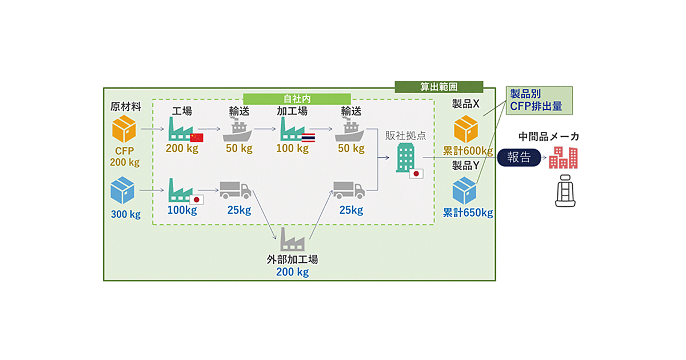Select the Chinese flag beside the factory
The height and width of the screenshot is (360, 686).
196,137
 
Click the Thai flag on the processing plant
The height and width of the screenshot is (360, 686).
308,138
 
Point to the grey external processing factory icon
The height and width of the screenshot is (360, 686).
292,239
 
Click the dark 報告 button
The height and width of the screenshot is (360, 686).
519,158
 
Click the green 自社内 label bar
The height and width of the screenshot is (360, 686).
297,99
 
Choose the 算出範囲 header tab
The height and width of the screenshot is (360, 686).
438,87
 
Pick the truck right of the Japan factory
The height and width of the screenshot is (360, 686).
235,191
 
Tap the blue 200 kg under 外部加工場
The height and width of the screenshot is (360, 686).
292,272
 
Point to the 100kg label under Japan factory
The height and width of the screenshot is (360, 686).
182,210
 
